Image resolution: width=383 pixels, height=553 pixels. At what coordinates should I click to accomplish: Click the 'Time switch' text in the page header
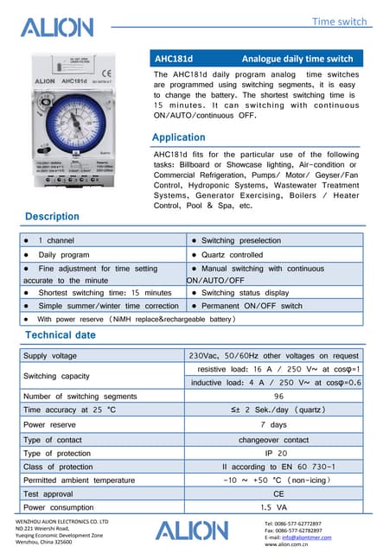click(339, 20)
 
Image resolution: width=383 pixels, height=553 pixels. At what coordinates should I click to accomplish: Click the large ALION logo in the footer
click(193, 530)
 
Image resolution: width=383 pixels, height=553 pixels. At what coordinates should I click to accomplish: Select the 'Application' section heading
click(178, 138)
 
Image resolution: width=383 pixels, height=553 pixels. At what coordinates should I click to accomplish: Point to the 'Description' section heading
click(53, 216)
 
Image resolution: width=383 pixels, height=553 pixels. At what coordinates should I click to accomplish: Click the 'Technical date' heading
click(61, 334)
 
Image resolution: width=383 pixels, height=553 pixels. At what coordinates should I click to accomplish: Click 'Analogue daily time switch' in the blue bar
click(297, 59)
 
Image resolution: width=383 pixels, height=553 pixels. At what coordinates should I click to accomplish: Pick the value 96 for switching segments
click(278, 396)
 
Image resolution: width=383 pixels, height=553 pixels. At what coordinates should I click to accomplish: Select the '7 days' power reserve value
click(278, 424)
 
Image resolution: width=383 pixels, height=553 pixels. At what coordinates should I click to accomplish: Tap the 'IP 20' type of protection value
click(278, 453)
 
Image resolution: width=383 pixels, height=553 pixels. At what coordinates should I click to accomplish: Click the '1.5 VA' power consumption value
click(278, 507)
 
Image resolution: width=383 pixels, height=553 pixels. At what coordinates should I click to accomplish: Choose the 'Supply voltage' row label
click(50, 355)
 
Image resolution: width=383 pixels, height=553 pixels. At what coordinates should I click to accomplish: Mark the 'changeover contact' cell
click(278, 440)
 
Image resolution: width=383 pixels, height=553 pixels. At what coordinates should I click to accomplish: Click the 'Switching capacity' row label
click(56, 376)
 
